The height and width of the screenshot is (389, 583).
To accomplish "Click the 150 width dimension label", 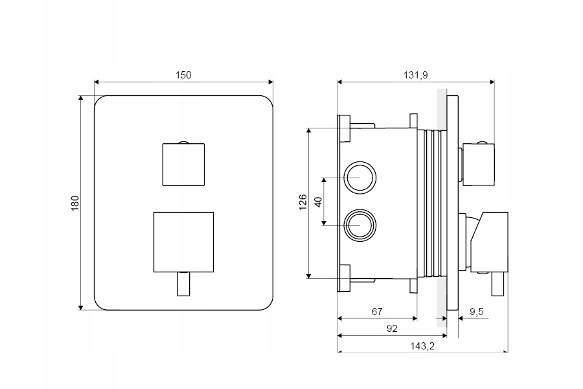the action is tap(183, 75).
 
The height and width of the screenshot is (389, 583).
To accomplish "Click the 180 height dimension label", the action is tap(74, 202).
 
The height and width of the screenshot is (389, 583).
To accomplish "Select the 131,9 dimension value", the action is tap(416, 75).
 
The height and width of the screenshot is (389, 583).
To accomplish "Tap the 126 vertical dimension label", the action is tap(303, 202).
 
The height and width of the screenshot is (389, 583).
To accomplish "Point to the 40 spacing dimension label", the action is tap(318, 200).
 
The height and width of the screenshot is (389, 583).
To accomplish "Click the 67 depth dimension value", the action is tap(377, 312).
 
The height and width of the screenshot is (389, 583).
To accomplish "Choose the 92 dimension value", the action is tap(391, 328).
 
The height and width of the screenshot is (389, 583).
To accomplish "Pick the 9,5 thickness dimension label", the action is tap(476, 312).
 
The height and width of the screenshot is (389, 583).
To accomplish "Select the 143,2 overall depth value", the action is tap(422, 346).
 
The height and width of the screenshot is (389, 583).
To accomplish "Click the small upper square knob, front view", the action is tap(183, 164).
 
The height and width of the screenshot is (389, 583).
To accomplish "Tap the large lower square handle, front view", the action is tap(183, 241).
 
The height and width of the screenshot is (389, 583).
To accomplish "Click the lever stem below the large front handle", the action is tap(183, 283).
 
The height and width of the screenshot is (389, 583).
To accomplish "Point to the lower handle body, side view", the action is tap(490, 241).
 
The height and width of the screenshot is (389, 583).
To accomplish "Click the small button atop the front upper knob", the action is tap(183, 141).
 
